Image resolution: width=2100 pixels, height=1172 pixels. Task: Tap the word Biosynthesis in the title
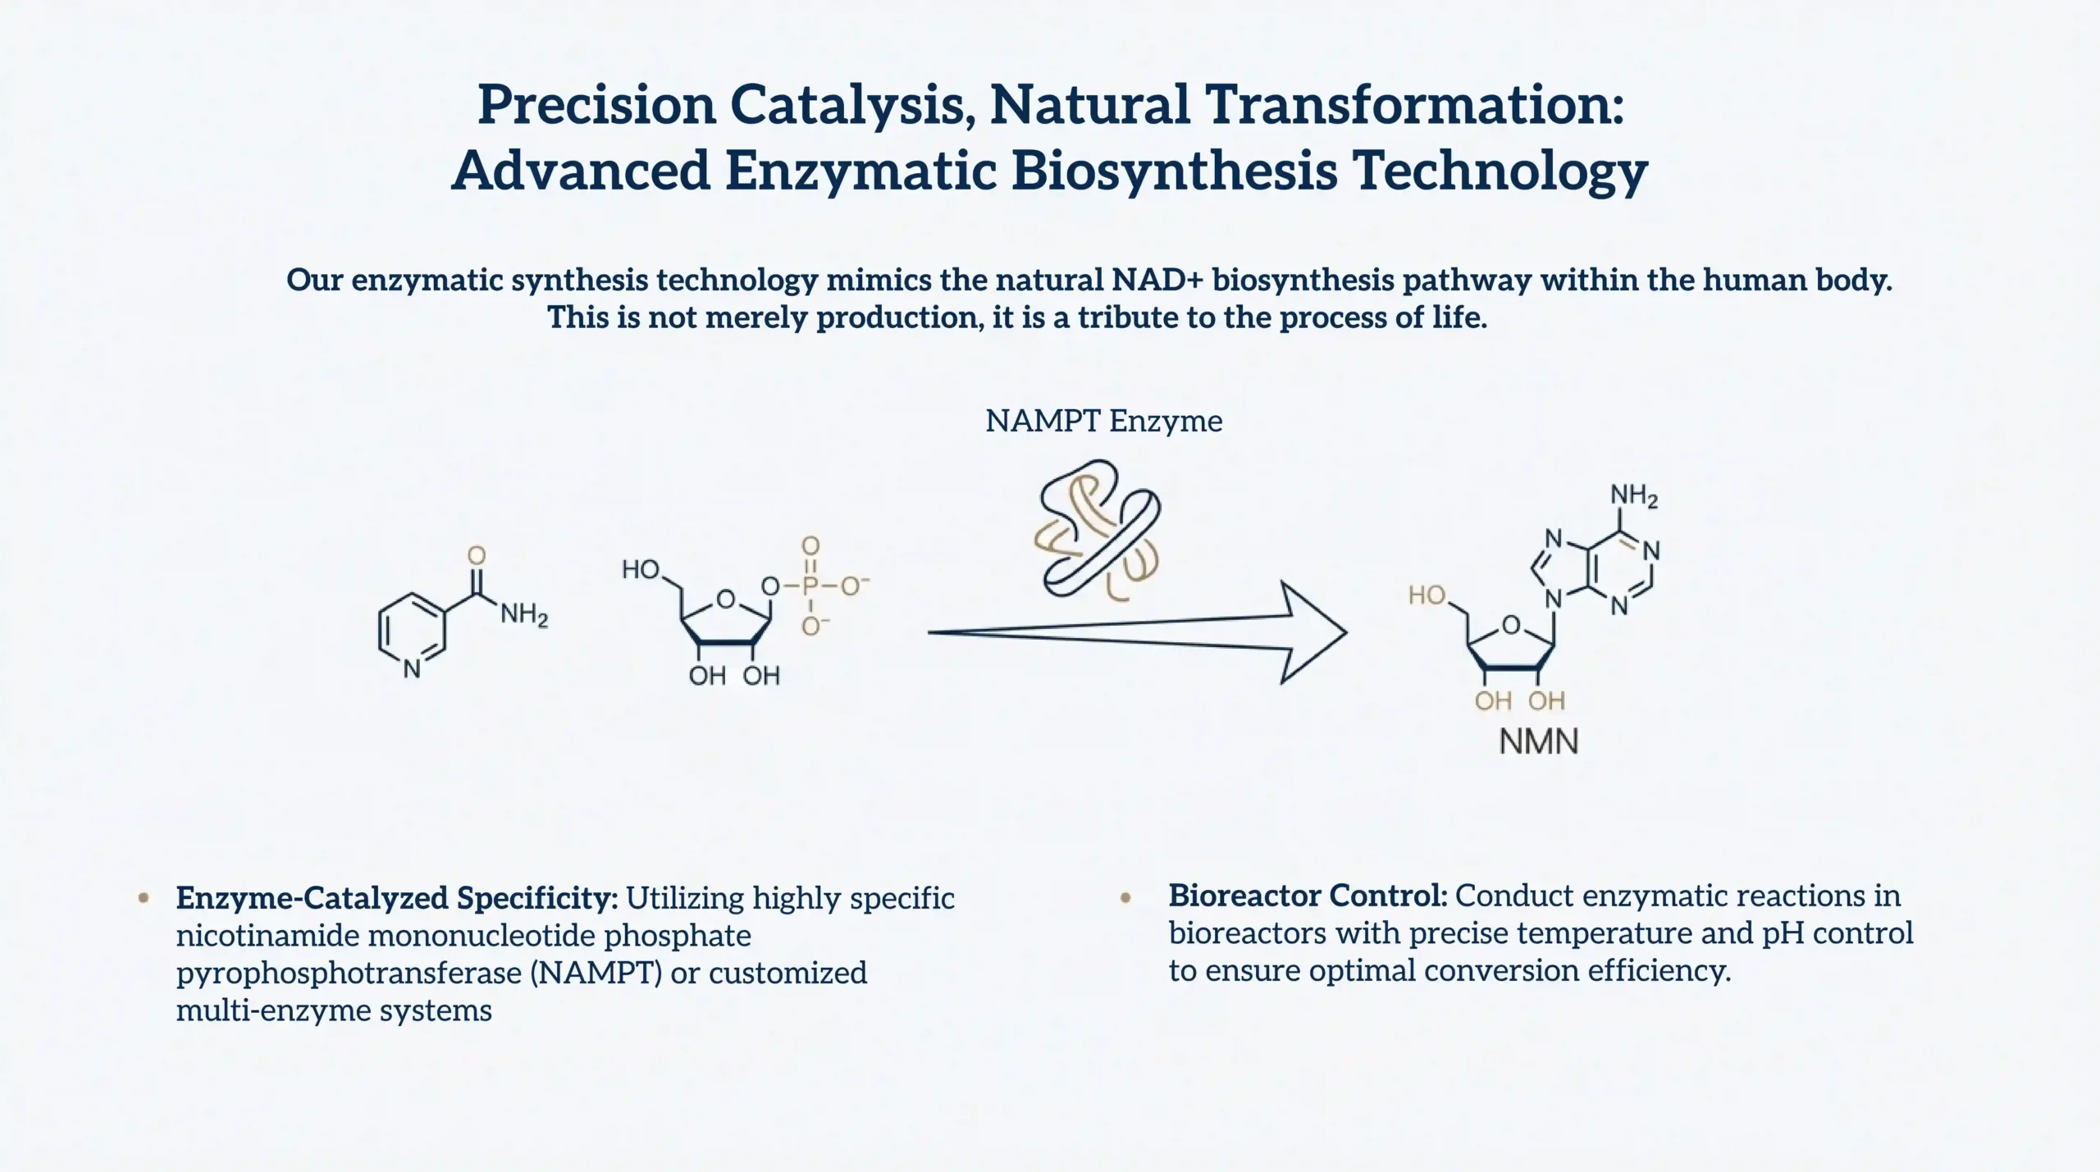[x=1174, y=172]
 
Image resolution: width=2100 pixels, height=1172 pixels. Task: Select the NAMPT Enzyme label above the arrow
[x=1103, y=421]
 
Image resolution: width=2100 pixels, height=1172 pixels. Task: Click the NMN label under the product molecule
[x=1539, y=741]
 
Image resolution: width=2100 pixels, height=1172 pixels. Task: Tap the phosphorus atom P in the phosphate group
[x=810, y=586]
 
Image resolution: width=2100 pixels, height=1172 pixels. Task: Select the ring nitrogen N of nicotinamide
[x=412, y=668]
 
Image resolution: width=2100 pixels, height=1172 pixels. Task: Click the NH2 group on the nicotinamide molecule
[x=524, y=614]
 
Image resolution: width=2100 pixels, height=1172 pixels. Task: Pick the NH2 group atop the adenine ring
[x=1634, y=495]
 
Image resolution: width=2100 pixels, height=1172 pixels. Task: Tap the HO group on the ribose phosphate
[x=641, y=569]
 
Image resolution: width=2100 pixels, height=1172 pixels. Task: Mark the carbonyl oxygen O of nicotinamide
[x=477, y=555]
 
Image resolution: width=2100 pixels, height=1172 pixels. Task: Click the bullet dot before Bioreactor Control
[x=1125, y=898]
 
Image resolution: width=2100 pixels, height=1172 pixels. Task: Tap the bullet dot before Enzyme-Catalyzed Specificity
[x=144, y=898]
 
